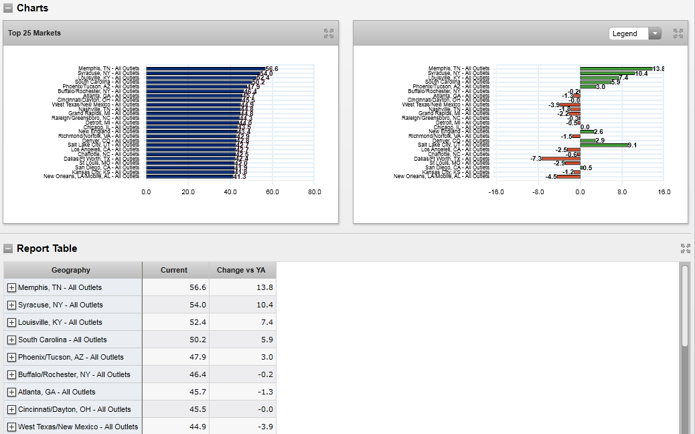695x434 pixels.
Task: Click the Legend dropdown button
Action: point(655,33)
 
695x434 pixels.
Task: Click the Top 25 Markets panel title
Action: point(34,33)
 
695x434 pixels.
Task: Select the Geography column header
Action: point(71,270)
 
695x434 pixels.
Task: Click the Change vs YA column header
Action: point(241,270)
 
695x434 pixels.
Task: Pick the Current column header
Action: point(174,270)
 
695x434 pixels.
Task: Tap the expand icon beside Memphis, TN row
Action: point(11,287)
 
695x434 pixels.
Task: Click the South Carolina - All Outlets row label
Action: point(62,340)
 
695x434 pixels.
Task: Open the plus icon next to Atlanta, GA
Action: point(11,392)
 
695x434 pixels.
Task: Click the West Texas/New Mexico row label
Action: point(78,427)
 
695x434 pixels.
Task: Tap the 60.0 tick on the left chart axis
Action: point(273,192)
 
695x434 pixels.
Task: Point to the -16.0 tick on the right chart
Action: point(496,192)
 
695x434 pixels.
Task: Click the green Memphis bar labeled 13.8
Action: point(616,68)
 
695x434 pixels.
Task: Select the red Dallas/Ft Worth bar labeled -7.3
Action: point(561,159)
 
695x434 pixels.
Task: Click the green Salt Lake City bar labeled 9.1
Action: point(603,145)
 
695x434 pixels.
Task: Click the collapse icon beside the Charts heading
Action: point(8,8)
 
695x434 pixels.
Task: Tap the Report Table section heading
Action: point(47,248)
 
